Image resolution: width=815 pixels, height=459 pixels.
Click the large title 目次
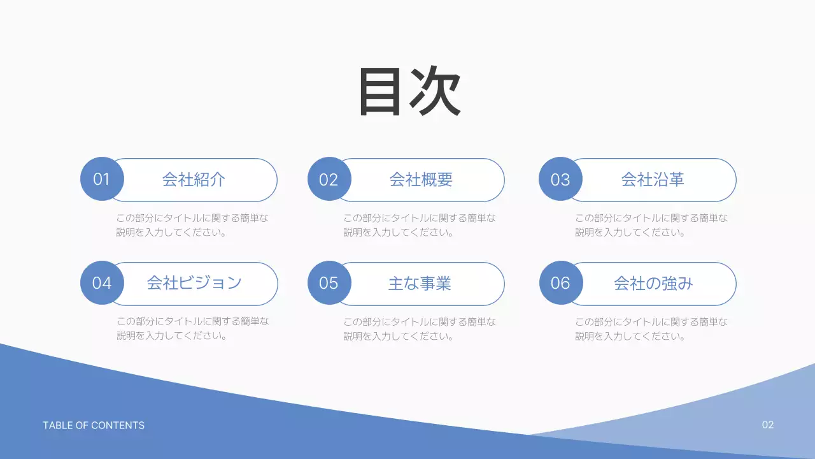409,92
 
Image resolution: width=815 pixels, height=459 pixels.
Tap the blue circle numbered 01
102,179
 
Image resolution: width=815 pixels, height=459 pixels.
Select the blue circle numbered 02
329,179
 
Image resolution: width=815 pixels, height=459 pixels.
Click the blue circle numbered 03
560,179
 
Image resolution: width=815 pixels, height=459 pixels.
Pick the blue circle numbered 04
102,283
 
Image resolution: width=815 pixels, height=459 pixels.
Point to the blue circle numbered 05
329,283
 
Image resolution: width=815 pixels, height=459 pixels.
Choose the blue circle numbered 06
560,283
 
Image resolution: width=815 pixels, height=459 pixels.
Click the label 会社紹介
194,180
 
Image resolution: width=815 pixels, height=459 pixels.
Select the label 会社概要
420,180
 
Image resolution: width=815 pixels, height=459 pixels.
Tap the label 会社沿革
652,180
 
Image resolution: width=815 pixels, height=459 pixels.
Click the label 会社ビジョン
194,283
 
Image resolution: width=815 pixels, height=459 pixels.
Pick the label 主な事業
420,283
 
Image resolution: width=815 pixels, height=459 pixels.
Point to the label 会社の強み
653,283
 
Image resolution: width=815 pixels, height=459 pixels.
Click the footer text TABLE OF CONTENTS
94,425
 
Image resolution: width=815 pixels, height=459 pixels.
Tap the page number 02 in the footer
768,425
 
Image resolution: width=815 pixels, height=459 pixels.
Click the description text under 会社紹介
192,225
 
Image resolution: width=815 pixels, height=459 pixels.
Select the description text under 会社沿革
651,225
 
